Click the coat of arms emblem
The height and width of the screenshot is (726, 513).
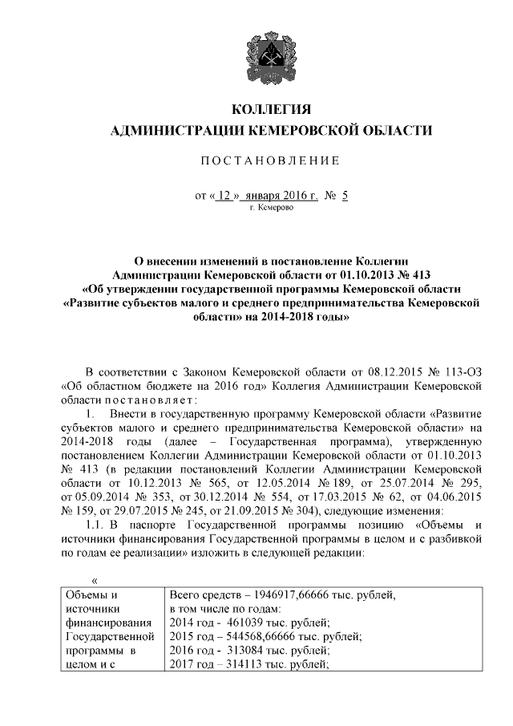(x=270, y=51)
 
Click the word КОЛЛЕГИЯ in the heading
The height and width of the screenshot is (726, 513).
(x=270, y=109)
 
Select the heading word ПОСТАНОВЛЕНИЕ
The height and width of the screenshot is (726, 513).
(x=270, y=161)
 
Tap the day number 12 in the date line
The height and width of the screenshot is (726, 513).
(x=225, y=195)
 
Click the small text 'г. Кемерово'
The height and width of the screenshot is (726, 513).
(x=271, y=208)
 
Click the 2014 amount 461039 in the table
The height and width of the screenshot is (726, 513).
(x=243, y=623)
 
